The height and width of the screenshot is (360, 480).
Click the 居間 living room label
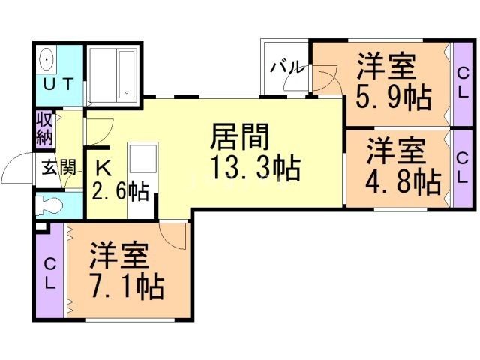pos(239,138)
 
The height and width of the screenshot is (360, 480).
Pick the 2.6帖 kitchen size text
pos(120,191)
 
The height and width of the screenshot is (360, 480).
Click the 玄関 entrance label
pos(58,167)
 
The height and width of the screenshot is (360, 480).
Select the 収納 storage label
pos(43,129)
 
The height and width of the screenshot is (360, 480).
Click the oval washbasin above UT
pos(46,58)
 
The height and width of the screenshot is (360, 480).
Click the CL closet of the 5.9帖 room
pos(463,82)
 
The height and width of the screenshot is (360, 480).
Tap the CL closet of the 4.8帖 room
pos(463,167)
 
